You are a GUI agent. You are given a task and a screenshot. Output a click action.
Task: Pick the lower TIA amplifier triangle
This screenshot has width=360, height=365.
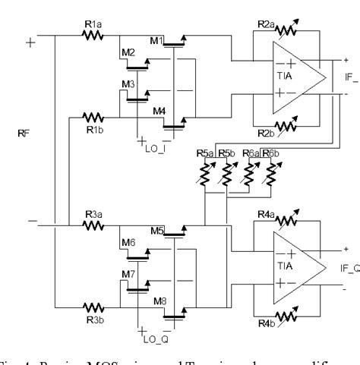coord(292,267)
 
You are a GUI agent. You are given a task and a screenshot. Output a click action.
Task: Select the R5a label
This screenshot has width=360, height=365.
coord(204,154)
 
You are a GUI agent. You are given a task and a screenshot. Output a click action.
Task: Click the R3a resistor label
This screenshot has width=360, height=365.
coord(92,215)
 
